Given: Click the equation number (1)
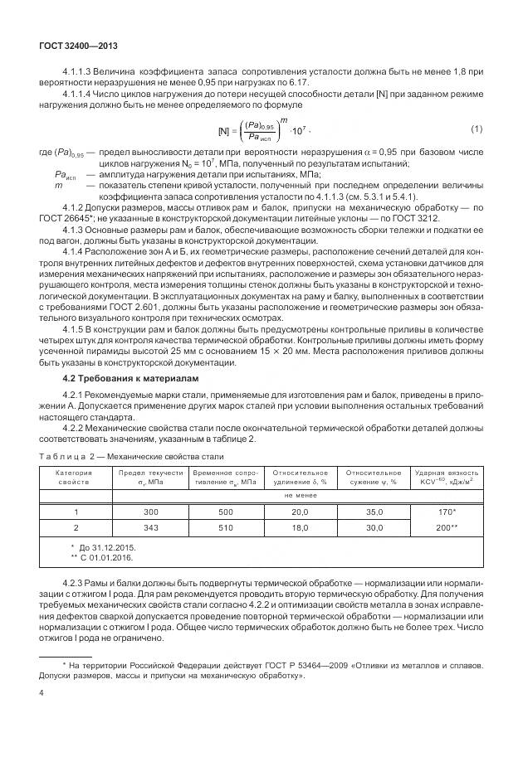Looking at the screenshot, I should pyautogui.click(x=476, y=129).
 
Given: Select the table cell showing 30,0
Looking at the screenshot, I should pyautogui.click(x=374, y=527).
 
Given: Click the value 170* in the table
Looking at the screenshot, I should pyautogui.click(x=448, y=513).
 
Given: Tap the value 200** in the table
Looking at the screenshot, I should pyautogui.click(x=448, y=527).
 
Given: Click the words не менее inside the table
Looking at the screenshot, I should pyautogui.click(x=300, y=495).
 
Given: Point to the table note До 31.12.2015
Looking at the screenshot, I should pyautogui.click(x=107, y=549).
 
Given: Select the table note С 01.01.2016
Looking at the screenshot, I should pyautogui.click(x=107, y=560).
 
